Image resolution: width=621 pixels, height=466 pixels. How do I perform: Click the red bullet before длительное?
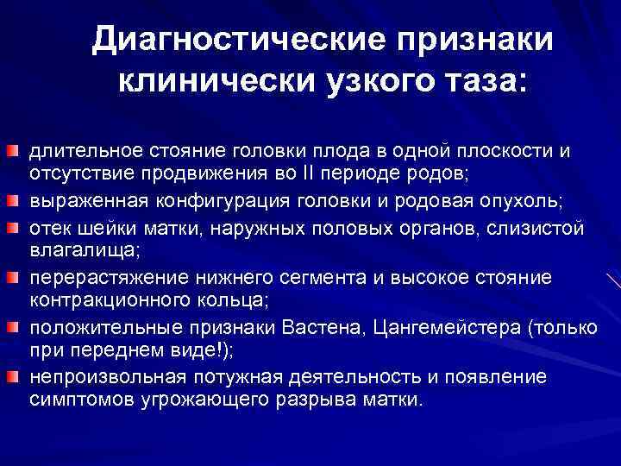coord(13,153)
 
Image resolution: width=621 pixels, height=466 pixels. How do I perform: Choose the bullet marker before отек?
coord(13,229)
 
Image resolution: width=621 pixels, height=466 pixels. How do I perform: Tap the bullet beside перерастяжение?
coord(13,279)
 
